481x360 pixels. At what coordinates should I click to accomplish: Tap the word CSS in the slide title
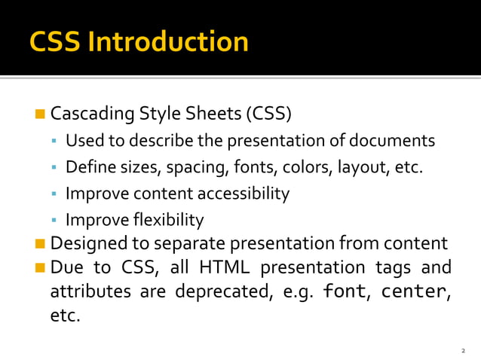(56, 41)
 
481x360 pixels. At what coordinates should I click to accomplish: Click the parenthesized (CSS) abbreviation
(268, 114)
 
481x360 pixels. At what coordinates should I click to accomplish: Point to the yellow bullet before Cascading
(40, 114)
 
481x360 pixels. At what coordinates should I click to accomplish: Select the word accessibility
(244, 194)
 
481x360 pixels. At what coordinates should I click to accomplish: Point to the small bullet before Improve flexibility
(54, 220)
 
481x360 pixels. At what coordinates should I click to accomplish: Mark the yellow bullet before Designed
(40, 244)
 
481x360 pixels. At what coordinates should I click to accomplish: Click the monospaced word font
(345, 291)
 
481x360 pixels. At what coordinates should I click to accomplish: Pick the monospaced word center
(413, 291)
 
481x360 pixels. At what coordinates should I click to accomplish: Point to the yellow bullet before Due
(40, 268)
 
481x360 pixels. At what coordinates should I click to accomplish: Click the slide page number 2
(464, 351)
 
